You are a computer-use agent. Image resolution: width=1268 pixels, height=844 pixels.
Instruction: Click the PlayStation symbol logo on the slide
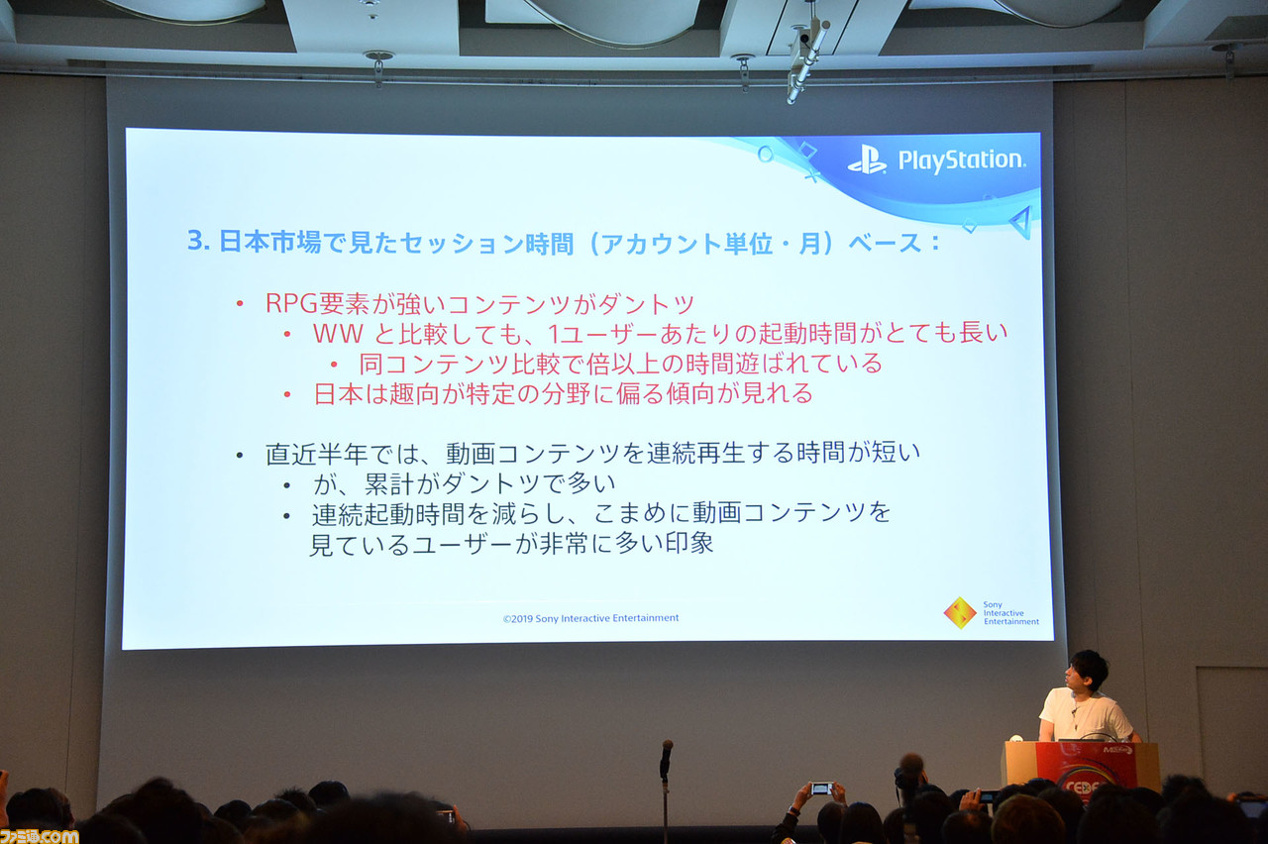click(867, 159)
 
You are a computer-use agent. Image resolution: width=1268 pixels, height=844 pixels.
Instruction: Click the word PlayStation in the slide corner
click(960, 160)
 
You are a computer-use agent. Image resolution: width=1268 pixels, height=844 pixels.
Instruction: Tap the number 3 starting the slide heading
click(194, 242)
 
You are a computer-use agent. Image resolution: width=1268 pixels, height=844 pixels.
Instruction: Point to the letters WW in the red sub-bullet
click(338, 334)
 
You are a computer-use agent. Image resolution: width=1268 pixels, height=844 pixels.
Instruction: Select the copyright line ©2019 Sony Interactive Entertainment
click(590, 618)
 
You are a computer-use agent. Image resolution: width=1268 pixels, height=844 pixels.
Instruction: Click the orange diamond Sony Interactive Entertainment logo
click(959, 612)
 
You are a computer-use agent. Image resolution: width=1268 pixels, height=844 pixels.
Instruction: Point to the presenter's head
click(1088, 672)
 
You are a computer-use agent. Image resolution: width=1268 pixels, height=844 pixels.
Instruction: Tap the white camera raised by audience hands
click(820, 789)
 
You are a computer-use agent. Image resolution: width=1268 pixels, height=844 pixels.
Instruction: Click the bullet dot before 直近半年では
click(239, 456)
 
